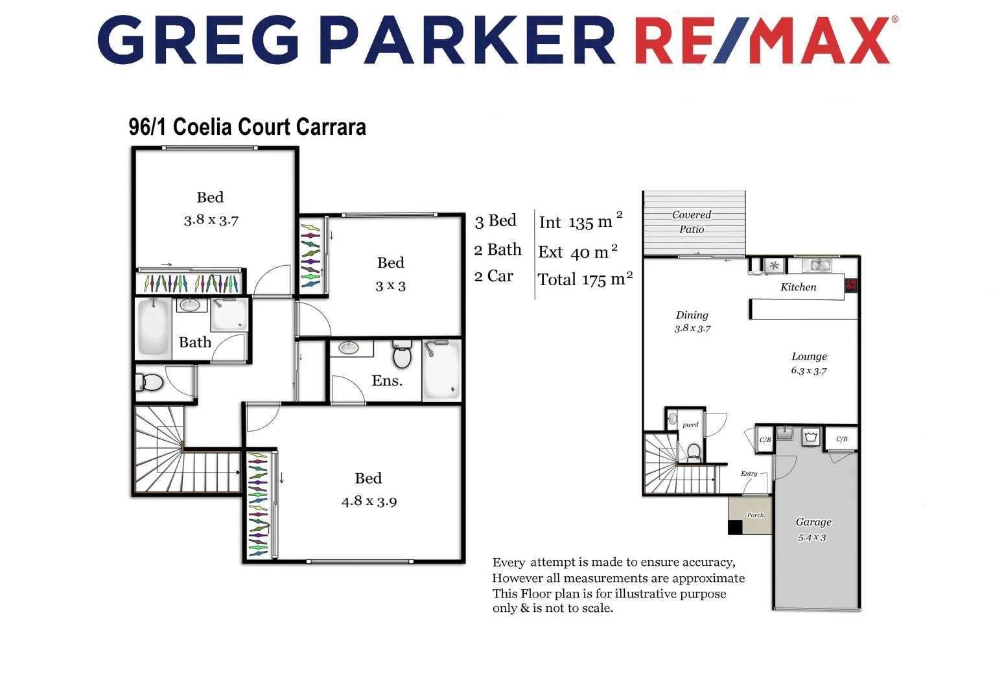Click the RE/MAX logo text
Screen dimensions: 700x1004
(763, 40)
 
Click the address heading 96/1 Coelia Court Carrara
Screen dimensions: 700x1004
(247, 127)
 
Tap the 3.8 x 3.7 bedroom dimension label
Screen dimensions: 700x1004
(211, 220)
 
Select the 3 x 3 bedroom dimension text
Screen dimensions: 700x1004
(390, 286)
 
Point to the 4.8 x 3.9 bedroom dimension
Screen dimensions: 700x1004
(369, 501)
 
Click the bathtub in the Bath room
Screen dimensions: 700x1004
(153, 327)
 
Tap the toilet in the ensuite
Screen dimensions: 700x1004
(403, 355)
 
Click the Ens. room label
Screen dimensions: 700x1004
(387, 380)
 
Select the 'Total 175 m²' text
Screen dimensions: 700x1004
(585, 279)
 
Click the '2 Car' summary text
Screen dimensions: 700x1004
(493, 276)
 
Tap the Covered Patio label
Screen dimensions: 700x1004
(692, 222)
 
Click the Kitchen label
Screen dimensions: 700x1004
(798, 287)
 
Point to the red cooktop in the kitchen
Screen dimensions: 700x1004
(851, 285)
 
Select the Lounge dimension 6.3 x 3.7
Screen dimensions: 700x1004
(808, 371)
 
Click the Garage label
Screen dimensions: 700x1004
(813, 522)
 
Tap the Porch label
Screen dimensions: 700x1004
(755, 515)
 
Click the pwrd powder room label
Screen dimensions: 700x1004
(690, 425)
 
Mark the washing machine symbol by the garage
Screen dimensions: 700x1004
(811, 437)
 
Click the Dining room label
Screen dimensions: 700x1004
(692, 315)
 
